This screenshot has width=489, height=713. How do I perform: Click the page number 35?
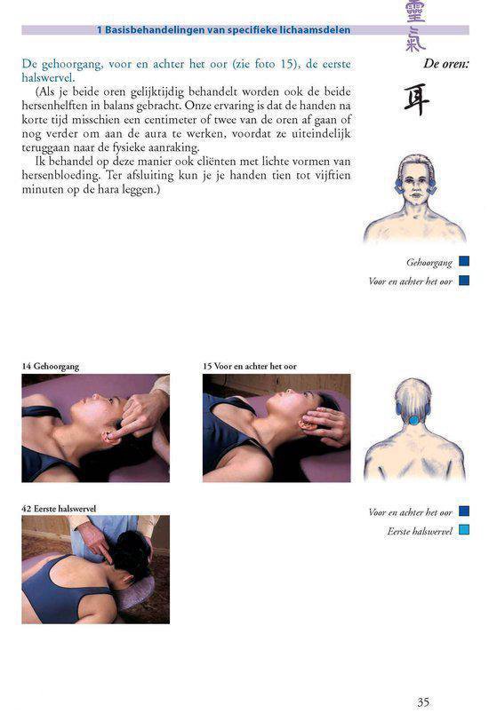423,701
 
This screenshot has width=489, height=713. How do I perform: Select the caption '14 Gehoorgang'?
51,366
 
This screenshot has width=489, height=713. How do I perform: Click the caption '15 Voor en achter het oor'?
249,366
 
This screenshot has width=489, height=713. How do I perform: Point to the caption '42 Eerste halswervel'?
59,508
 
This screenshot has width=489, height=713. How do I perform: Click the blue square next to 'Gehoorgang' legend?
464,262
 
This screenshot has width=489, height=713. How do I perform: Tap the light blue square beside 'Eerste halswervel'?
464,530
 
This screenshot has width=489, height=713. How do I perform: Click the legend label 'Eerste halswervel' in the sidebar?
420,531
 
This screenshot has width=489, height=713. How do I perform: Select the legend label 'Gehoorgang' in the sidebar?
429,263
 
